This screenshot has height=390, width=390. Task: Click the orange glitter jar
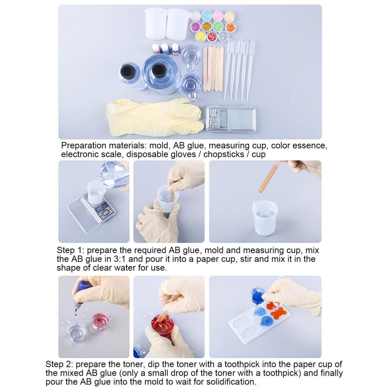coord(230,27)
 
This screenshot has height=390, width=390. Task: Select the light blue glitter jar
coord(207,16)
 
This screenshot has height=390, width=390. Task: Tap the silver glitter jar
coord(224,36)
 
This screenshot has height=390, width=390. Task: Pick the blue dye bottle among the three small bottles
coord(165,49)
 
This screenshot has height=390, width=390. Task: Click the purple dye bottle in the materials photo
coord(175,49)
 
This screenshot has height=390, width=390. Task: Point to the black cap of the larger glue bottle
coord(158,70)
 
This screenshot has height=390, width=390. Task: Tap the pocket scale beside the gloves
coord(231,119)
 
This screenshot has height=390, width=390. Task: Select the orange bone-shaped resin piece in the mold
coord(279,313)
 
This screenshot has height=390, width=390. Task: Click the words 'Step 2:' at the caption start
coord(59,364)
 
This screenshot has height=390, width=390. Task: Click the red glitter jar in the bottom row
coord(212,36)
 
